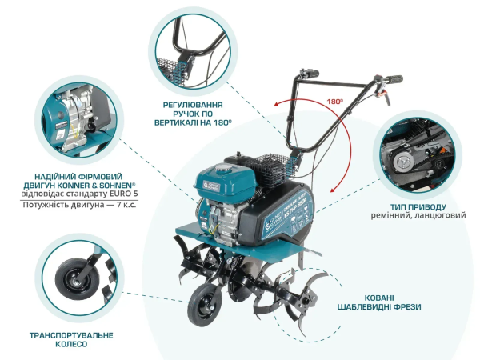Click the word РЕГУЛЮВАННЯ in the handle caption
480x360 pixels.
click(x=193, y=105)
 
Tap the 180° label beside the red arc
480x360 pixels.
click(x=335, y=102)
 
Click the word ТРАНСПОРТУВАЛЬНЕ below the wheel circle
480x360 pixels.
click(x=71, y=335)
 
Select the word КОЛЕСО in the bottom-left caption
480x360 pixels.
click(x=71, y=344)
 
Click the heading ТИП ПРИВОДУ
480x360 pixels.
click(x=418, y=207)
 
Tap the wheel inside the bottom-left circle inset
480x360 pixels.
click(x=73, y=278)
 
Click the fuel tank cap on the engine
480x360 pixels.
click(x=222, y=167)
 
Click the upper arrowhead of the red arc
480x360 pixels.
click(x=276, y=104)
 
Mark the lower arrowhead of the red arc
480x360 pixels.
click(x=333, y=190)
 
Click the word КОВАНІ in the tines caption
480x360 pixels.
click(x=379, y=298)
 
